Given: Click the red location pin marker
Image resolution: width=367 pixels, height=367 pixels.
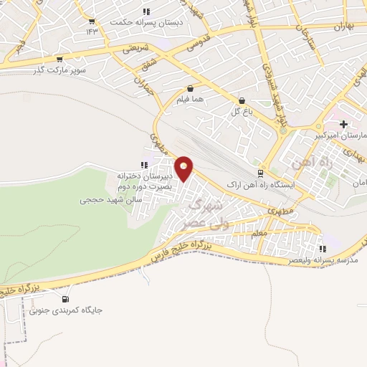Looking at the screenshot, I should tap(185, 168).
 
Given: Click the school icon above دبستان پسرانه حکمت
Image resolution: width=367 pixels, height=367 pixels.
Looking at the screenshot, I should tap(146, 11).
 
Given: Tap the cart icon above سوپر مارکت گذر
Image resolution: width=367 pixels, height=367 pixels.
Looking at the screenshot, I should tap(59, 59).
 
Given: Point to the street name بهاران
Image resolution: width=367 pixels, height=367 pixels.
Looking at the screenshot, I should tap(345, 26).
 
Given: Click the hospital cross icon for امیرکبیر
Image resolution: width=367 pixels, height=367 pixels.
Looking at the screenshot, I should tap(344, 124).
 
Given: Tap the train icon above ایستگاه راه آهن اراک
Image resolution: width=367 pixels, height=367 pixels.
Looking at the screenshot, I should tap(261, 173).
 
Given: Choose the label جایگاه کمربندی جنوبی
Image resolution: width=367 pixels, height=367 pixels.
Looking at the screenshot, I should tap(66, 310).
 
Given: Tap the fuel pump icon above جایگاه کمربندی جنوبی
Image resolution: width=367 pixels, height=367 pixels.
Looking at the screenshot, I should tap(66, 299).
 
